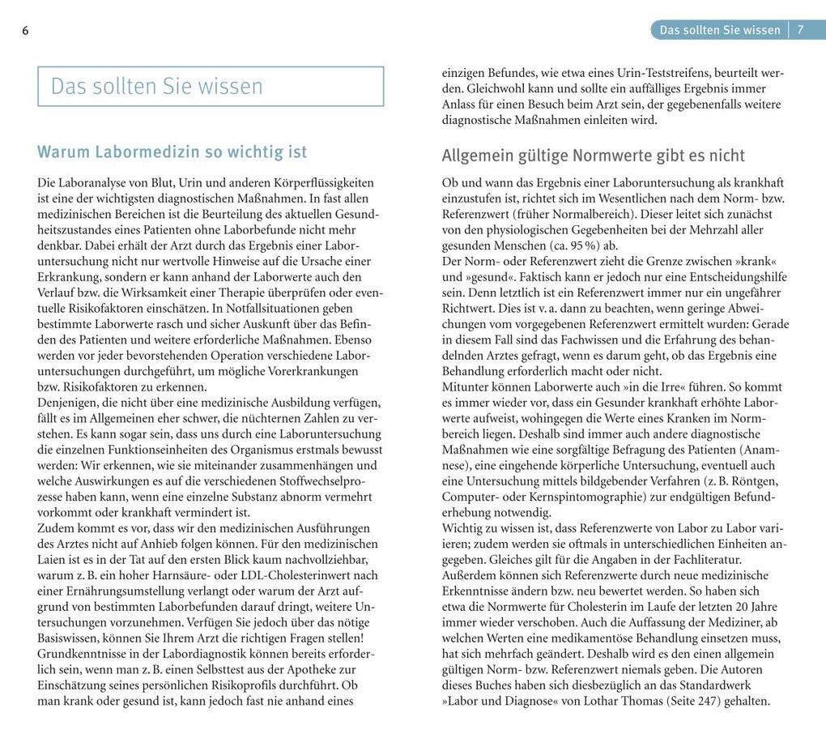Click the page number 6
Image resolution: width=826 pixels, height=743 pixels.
tap(25, 31)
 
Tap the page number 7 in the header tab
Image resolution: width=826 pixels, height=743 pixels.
tap(800, 30)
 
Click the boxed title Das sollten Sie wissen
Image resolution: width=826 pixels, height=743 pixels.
tap(156, 87)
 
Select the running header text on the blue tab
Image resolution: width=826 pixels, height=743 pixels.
tap(720, 30)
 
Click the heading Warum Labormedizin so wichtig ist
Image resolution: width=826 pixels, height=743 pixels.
tap(172, 152)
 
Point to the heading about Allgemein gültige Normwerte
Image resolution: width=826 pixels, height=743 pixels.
tap(593, 155)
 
